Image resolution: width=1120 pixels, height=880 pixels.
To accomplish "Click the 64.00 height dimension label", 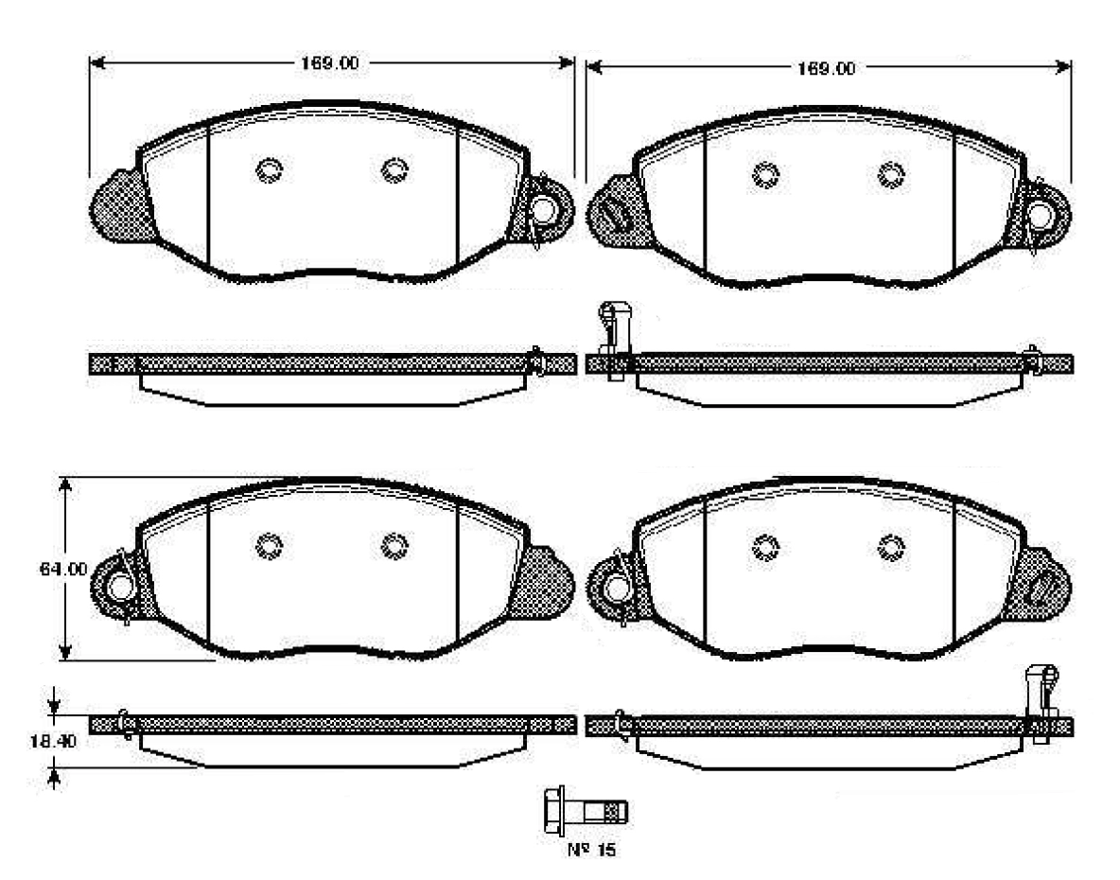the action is point(62,570).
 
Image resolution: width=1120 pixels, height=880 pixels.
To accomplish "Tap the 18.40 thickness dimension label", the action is point(52,742).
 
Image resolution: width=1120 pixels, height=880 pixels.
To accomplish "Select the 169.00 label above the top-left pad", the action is point(328,62).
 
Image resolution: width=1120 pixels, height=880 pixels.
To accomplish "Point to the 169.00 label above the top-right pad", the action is point(826,68).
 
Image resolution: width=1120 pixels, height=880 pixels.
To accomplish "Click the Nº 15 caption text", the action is point(591,850).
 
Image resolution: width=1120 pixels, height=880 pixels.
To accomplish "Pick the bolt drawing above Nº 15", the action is point(586,812).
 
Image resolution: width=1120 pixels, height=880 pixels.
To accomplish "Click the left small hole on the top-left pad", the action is point(270,170).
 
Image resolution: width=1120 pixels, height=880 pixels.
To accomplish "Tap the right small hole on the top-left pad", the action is point(394,170).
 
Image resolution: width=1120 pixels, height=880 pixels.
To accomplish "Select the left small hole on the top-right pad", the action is point(765,175).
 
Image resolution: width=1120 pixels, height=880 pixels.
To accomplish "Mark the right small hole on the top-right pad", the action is point(891,174).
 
